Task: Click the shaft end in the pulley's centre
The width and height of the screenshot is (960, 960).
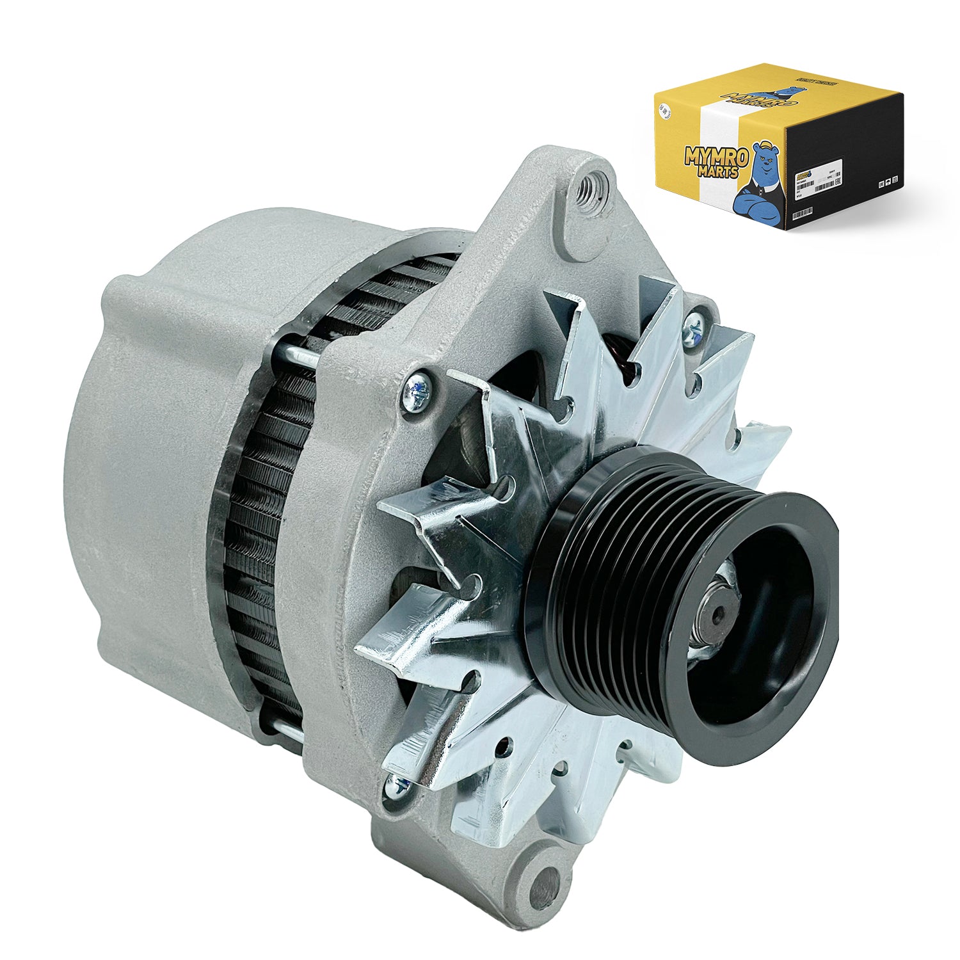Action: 715,614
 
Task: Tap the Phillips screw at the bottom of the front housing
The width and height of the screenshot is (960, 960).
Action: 396,786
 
